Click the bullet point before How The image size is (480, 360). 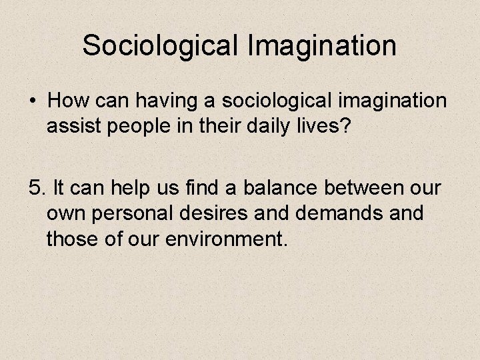click(33, 101)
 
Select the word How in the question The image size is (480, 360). click(71, 101)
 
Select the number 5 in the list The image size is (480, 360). click(35, 189)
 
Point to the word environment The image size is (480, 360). click(225, 238)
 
